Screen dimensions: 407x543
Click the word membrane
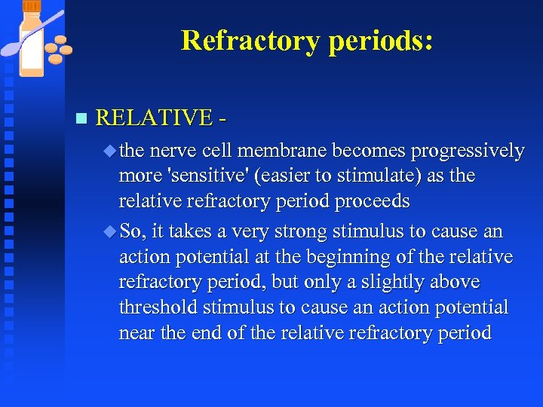coord(293,151)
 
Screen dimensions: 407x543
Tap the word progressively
coord(468,151)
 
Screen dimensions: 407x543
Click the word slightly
coord(387,282)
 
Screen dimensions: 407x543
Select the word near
coord(137,332)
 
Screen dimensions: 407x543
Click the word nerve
coord(174,151)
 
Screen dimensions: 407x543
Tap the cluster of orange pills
coord(58,50)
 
